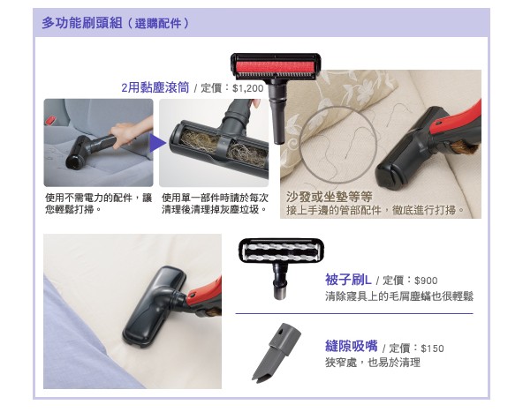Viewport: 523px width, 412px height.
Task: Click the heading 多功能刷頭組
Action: [81, 23]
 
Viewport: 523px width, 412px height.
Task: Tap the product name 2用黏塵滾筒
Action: [155, 87]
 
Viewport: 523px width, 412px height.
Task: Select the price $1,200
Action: [248, 88]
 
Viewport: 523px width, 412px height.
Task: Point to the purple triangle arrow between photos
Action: [157, 143]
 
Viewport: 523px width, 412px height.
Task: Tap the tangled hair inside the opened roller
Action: [220, 146]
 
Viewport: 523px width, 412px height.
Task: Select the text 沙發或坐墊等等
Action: [330, 197]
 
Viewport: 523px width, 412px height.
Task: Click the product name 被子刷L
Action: [348, 280]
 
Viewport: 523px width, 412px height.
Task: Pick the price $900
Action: [426, 281]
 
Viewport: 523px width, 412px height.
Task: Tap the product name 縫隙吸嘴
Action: [352, 346]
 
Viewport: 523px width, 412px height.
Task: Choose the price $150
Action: [432, 348]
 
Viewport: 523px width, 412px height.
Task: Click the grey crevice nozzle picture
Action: [277, 352]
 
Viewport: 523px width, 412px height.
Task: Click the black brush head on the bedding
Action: [155, 306]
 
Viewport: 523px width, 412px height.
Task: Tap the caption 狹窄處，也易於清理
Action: [373, 363]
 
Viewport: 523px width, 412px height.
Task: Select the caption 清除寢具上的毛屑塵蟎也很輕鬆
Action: [399, 296]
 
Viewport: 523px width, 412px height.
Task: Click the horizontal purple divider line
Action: [354, 313]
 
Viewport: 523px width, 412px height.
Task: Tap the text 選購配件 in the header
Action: [158, 23]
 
